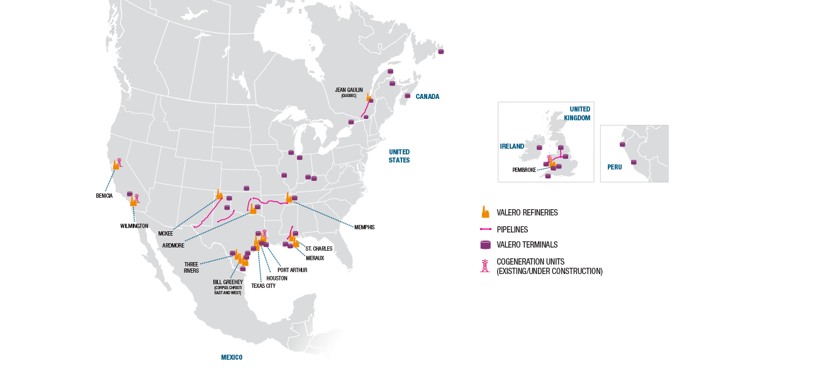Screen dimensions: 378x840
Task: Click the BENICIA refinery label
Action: click(104, 196)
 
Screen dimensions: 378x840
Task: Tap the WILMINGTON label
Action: click(134, 226)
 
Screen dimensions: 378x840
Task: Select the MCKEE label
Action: click(165, 234)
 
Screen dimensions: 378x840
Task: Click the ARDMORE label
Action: click(173, 246)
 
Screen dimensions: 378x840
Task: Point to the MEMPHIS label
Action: click(364, 227)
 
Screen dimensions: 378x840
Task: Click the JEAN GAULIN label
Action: click(349, 90)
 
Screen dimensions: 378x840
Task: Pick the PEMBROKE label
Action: click(524, 170)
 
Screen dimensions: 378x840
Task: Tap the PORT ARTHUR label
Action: click(292, 270)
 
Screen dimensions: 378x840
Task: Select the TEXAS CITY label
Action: click(263, 285)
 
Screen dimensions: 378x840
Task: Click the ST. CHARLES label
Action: click(319, 249)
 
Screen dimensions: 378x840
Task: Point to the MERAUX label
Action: click(315, 258)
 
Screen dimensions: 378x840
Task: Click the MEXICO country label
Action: click(232, 358)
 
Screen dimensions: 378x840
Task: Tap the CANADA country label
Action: click(427, 96)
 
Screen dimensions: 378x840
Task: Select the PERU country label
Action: click(614, 167)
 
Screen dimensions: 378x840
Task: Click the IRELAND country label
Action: click(512, 146)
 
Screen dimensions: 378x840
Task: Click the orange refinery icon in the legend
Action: click(485, 212)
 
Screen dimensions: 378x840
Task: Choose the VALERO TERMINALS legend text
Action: click(527, 244)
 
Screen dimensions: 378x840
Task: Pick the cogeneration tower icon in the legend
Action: click(485, 266)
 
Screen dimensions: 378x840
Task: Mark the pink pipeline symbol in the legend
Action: click(485, 229)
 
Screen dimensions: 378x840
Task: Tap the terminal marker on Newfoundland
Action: click(440, 52)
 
